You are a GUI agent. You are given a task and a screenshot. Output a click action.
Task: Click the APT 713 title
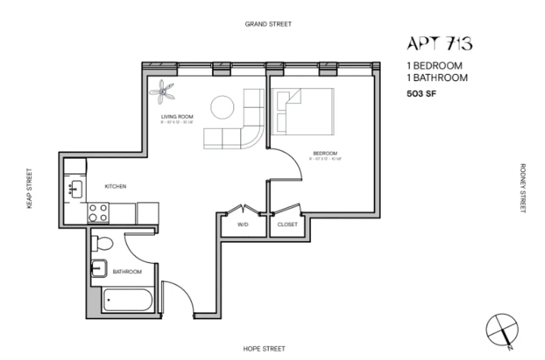click(x=439, y=44)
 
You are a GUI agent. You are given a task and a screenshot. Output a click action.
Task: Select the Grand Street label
click(x=268, y=24)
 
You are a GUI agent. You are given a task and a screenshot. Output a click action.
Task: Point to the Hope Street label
click(x=264, y=349)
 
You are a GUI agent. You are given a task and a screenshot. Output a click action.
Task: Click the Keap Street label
click(x=30, y=189)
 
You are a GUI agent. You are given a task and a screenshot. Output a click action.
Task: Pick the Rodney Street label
click(x=522, y=188)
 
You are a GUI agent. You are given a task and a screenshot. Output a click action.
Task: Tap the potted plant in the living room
click(x=162, y=90)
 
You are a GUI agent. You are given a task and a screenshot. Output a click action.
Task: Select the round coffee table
click(x=222, y=108)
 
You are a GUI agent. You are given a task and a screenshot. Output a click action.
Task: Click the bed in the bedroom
click(x=302, y=111)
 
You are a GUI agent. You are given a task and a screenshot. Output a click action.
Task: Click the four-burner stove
click(x=98, y=212)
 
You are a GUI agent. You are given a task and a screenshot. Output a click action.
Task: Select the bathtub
click(x=128, y=300)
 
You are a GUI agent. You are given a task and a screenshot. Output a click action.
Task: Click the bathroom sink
click(x=99, y=269)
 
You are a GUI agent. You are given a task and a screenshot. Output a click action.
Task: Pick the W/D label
click(x=243, y=225)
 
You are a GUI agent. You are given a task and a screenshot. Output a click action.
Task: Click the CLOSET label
click(x=287, y=225)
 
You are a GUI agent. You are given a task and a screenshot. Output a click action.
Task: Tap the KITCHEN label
click(x=115, y=186)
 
